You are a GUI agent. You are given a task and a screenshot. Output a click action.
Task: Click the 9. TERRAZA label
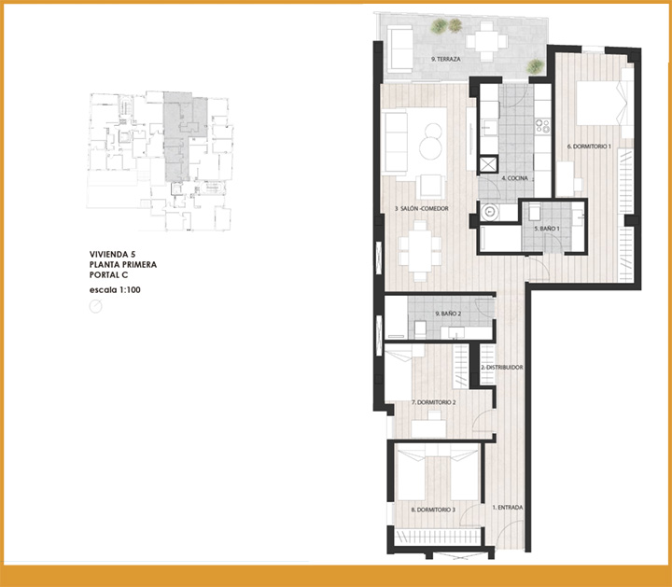[446, 59]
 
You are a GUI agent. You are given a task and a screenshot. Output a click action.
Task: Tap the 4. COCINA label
[514, 178]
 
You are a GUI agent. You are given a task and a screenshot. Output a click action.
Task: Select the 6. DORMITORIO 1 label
[589, 147]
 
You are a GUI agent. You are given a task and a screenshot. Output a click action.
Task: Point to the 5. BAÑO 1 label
[547, 229]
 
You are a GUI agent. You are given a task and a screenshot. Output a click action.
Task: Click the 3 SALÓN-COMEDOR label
[421, 209]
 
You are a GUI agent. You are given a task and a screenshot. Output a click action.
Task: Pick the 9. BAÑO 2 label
[448, 314]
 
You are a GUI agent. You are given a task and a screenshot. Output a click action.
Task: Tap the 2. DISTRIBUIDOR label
[502, 368]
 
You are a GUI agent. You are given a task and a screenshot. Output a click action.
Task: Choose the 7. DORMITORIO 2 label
[433, 403]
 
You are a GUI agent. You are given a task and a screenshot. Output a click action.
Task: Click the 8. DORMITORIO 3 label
[433, 510]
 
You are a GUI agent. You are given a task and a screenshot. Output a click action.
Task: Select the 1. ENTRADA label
[508, 508]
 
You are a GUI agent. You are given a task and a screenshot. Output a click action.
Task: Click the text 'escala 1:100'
[115, 290]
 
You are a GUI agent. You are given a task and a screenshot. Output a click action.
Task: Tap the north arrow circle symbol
[95, 306]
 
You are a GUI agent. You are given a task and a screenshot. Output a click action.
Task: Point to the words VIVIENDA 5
[112, 255]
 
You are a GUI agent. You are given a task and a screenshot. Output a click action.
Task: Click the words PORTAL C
[108, 275]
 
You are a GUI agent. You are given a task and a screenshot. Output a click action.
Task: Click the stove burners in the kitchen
[542, 126]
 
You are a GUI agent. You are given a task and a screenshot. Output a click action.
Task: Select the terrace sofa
[399, 49]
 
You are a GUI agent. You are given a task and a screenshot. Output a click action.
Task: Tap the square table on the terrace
[486, 42]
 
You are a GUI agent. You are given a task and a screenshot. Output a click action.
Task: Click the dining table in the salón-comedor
[420, 251]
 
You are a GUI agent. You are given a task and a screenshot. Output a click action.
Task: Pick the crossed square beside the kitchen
[488, 164]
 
